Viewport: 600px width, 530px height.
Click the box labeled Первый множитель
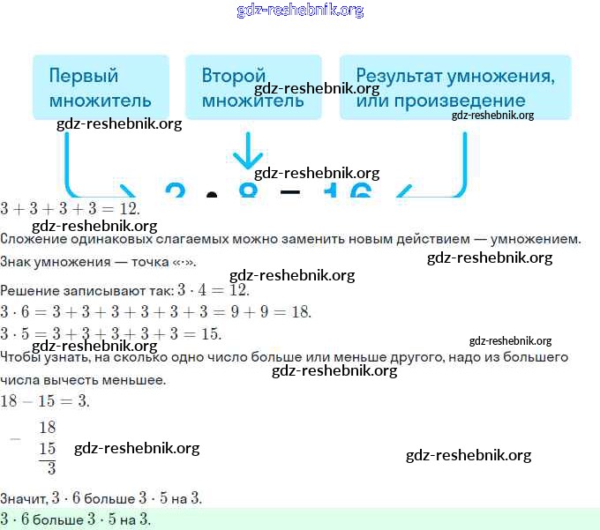click(100, 87)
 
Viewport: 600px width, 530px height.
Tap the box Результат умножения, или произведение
click(454, 87)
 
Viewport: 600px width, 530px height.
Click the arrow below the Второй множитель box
click(248, 152)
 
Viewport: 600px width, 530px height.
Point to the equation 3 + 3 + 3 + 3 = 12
click(71, 209)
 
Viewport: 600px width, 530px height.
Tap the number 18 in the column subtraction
click(47, 428)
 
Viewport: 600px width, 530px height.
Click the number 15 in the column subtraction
click(47, 448)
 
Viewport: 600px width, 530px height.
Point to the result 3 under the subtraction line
click(51, 468)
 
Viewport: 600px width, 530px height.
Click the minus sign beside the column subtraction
click(14, 438)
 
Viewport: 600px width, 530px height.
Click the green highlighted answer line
click(300, 519)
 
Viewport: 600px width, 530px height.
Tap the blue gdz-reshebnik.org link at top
click(300, 11)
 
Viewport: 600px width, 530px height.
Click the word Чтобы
click(22, 358)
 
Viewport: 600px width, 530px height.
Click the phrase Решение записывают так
click(86, 290)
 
